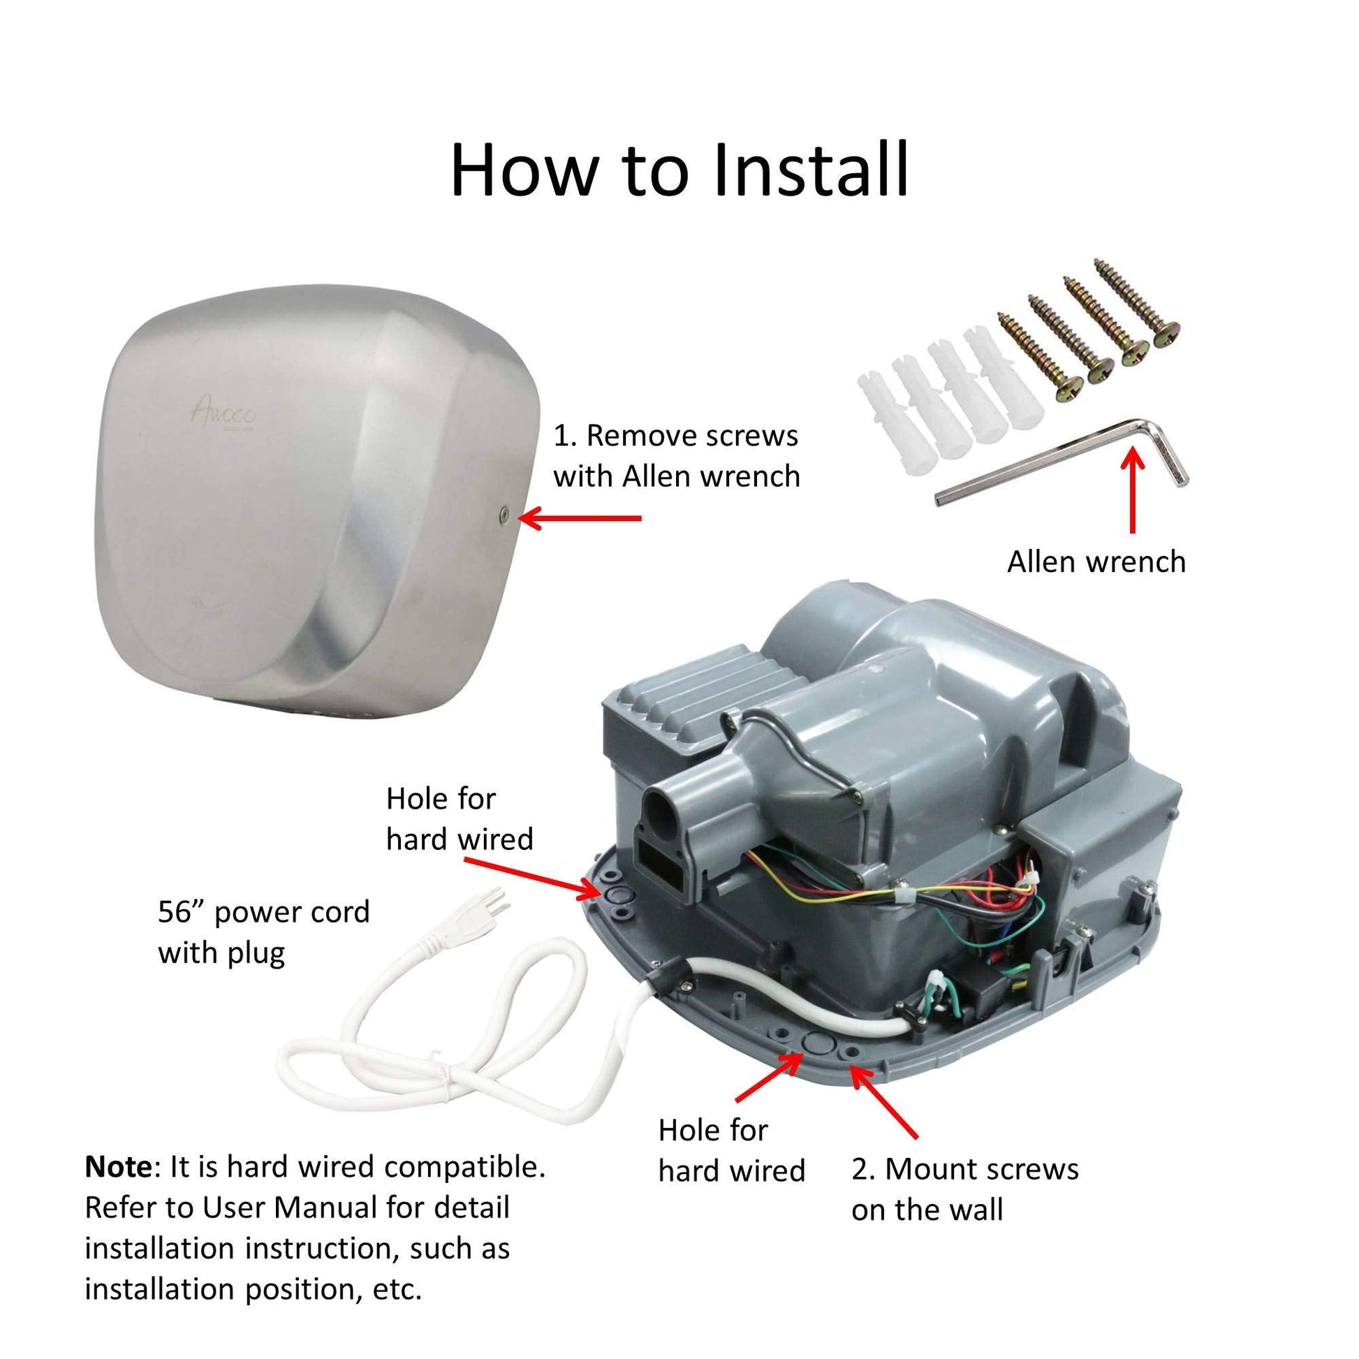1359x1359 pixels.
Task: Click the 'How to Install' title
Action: tap(679, 170)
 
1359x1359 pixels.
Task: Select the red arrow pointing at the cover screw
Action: tap(580, 518)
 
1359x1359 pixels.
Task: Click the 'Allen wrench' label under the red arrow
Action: tap(1096, 561)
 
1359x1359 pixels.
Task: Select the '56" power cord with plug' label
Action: tap(264, 933)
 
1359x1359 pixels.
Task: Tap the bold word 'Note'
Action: tap(117, 1167)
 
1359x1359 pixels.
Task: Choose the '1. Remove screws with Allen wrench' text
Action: tap(677, 456)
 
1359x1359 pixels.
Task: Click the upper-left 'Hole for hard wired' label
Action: tap(460, 818)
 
